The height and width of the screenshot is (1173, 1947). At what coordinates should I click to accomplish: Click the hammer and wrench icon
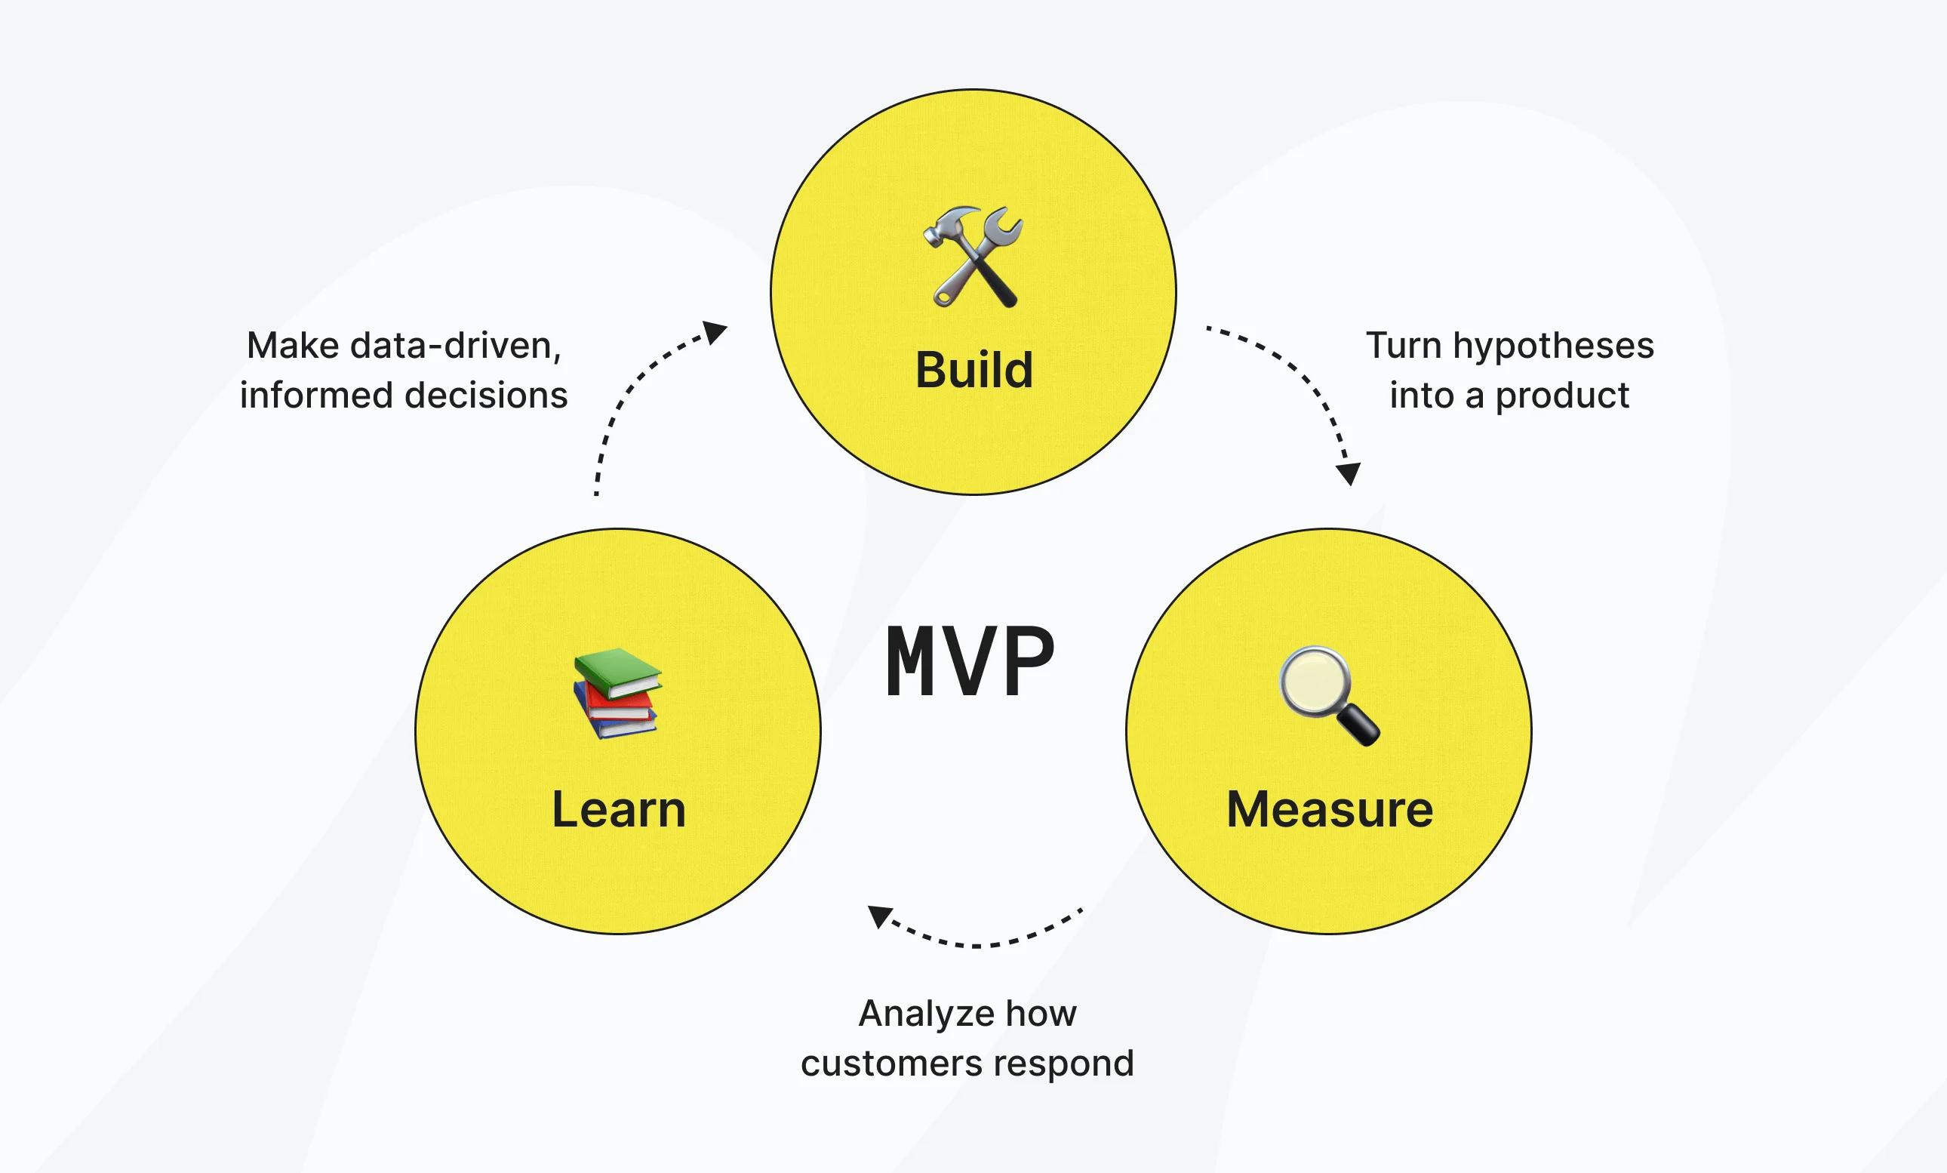pyautogui.click(x=973, y=257)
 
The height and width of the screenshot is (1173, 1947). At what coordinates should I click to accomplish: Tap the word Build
pyautogui.click(x=973, y=369)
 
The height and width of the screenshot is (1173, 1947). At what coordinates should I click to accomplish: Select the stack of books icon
pyautogui.click(x=618, y=693)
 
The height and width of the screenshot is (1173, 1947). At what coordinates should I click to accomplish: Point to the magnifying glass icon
pyautogui.click(x=1329, y=696)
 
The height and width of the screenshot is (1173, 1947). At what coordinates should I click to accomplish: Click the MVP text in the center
pyautogui.click(x=970, y=660)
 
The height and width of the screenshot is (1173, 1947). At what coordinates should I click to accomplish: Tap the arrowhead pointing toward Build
pyautogui.click(x=715, y=332)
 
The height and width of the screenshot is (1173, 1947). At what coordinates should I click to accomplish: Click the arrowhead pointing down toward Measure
pyautogui.click(x=1348, y=473)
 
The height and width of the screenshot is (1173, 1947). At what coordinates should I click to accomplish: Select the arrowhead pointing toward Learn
pyautogui.click(x=879, y=917)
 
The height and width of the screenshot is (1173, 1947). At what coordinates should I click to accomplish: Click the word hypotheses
pyautogui.click(x=1553, y=346)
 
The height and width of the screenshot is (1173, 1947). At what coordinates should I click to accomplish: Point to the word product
pyautogui.click(x=1562, y=396)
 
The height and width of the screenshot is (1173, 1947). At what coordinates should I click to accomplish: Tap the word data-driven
pyautogui.click(x=455, y=346)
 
